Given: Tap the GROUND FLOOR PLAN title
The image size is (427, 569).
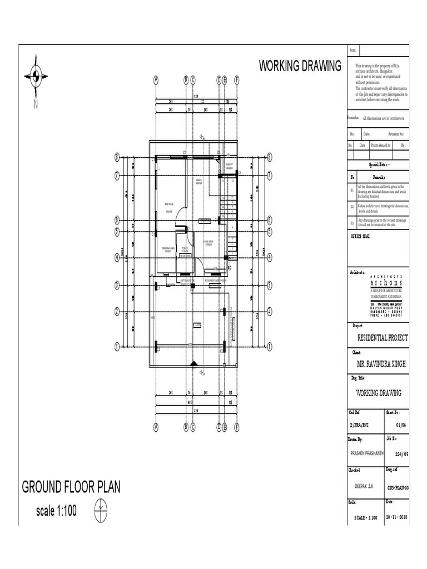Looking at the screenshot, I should point(71,487).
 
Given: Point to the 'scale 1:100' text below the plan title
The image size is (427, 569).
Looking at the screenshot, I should point(56,511).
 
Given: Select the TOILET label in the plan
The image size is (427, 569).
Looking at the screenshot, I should point(185,249).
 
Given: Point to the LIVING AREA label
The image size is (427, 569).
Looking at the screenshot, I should point(208,242).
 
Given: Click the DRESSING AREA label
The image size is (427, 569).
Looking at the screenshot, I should point(168,248).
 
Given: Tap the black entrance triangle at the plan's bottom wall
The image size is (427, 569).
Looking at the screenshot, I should point(193,363).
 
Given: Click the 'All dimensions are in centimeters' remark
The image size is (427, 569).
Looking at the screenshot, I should point(384,118).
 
